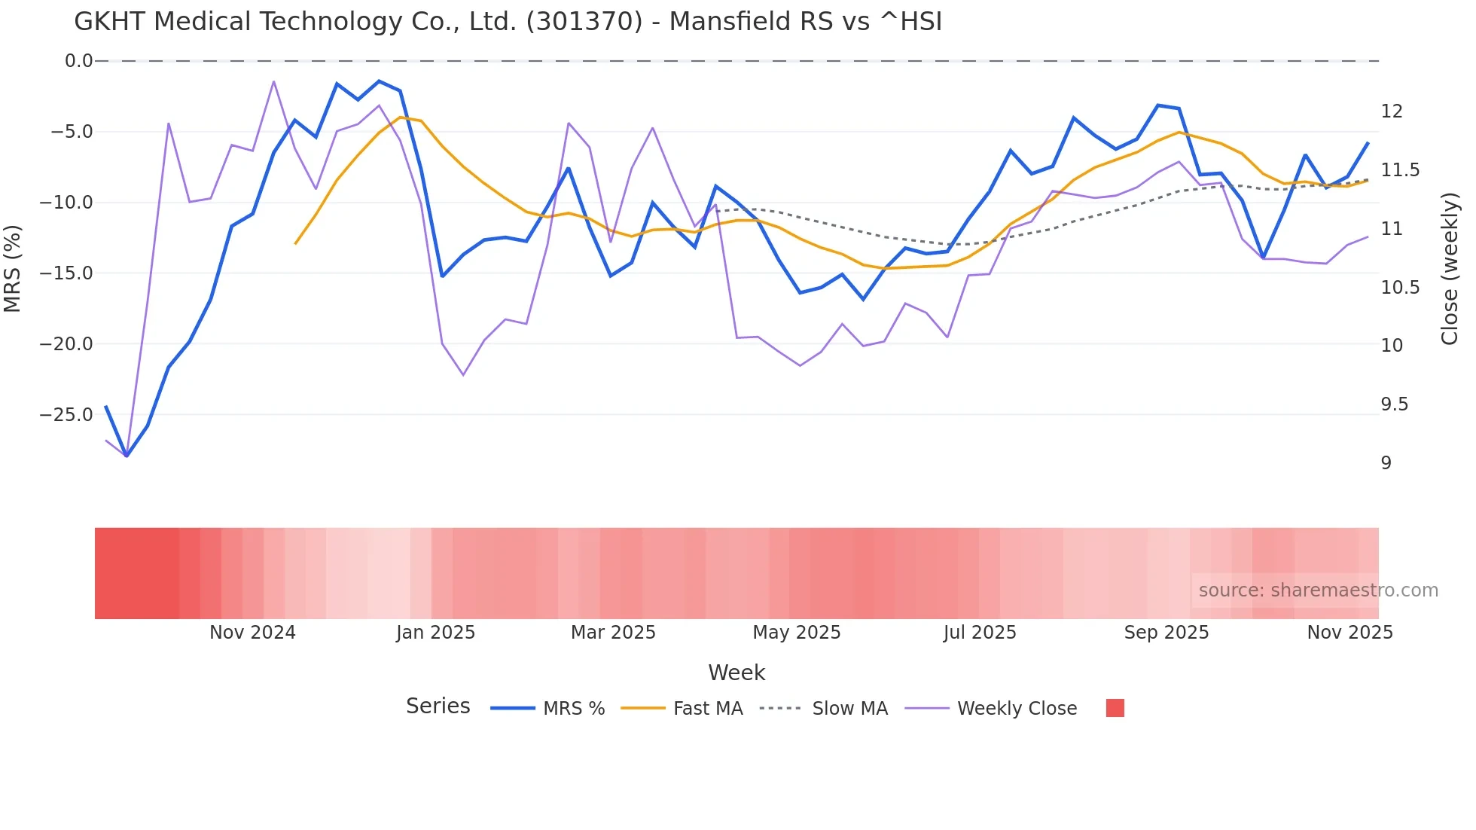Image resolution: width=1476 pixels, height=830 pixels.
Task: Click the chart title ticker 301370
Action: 584,22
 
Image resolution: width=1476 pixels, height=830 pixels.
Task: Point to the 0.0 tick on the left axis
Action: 78,61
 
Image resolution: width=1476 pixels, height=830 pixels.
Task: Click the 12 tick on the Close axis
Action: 1392,111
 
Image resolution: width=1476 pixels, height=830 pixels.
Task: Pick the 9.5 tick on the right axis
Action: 1394,404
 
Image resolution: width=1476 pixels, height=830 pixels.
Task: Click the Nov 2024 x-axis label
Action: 252,633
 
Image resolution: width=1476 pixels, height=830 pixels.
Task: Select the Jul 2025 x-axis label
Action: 980,633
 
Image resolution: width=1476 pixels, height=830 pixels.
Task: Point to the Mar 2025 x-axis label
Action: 613,633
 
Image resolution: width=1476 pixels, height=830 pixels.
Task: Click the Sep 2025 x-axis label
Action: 1166,633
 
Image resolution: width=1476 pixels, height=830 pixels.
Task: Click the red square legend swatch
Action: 1115,708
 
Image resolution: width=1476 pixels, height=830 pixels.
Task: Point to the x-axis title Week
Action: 736,673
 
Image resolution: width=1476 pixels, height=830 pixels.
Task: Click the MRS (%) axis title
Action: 13,268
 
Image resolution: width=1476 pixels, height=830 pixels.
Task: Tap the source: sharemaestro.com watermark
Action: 1318,590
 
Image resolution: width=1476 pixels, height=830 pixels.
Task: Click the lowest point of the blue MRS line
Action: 127,456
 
